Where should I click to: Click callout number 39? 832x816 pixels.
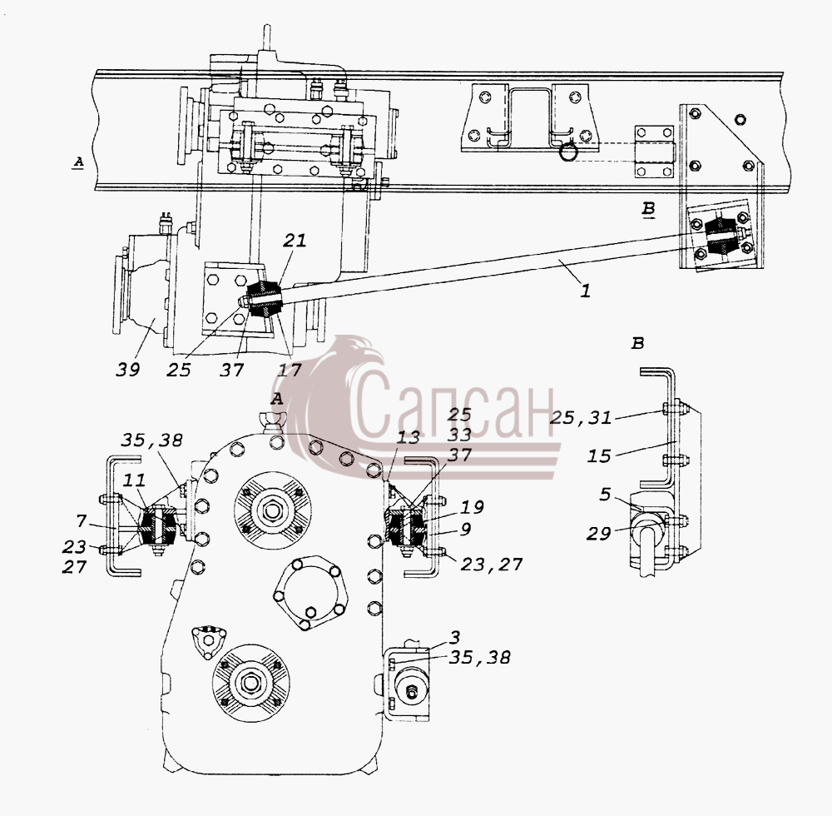pyautogui.click(x=127, y=370)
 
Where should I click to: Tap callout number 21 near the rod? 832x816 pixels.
pyautogui.click(x=295, y=241)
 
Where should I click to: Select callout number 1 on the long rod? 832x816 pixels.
pyautogui.click(x=585, y=291)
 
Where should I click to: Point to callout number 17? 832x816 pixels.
pyautogui.click(x=290, y=370)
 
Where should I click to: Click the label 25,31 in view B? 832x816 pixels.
pyautogui.click(x=581, y=418)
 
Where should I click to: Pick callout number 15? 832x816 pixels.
pyautogui.click(x=599, y=455)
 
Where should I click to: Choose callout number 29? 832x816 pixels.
pyautogui.click(x=598, y=533)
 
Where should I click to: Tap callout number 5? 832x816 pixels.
pyautogui.click(x=606, y=495)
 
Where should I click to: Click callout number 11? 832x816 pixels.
pyautogui.click(x=135, y=481)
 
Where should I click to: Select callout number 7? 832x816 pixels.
pyautogui.click(x=81, y=521)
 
